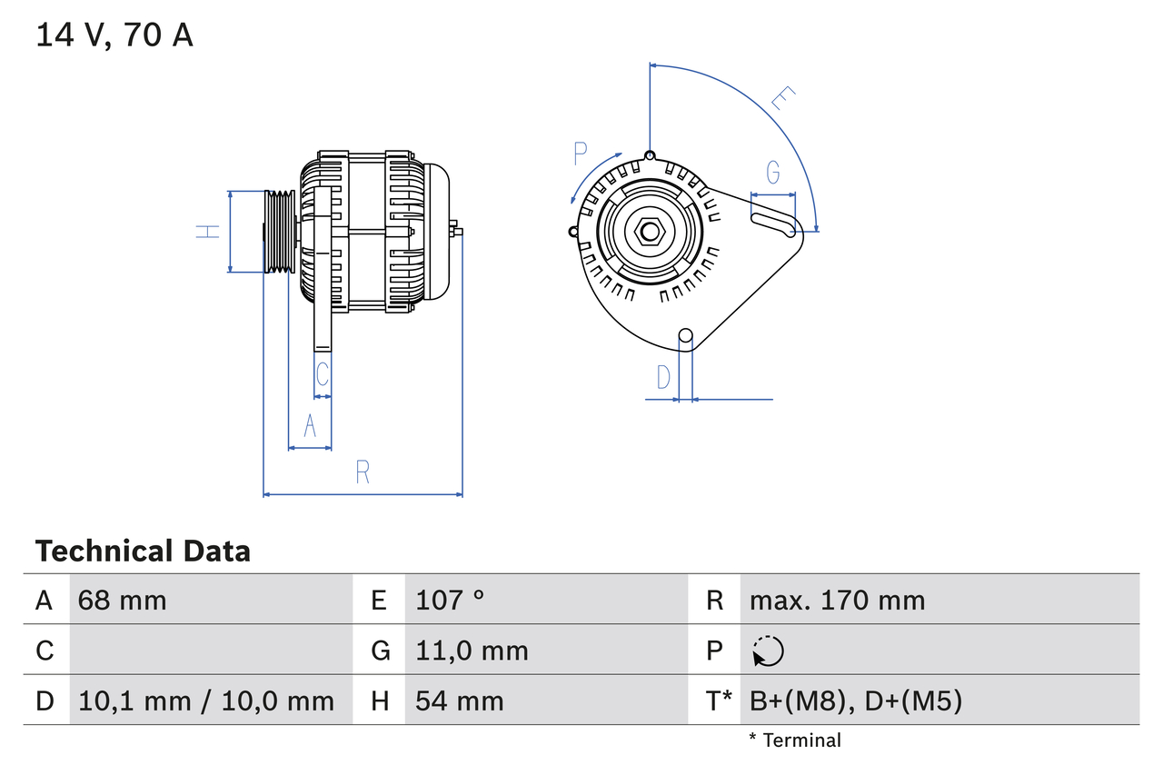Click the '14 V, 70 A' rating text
[x=114, y=35]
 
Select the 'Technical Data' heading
[x=143, y=551]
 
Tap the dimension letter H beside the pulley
[x=209, y=232]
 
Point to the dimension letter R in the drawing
[x=363, y=472]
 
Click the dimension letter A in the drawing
[x=310, y=425]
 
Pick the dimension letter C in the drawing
[x=322, y=373]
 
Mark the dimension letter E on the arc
[x=782, y=99]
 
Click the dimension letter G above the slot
[x=772, y=173]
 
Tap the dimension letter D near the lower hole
[x=663, y=376]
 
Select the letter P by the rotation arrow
[x=581, y=154]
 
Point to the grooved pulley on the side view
[x=280, y=232]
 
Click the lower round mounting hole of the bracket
[x=686, y=337]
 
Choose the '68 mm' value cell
[x=123, y=600]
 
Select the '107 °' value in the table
[x=450, y=600]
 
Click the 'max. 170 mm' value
[x=837, y=600]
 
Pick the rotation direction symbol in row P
[x=768, y=651]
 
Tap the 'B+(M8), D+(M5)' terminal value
[x=855, y=700]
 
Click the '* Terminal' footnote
[x=795, y=740]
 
